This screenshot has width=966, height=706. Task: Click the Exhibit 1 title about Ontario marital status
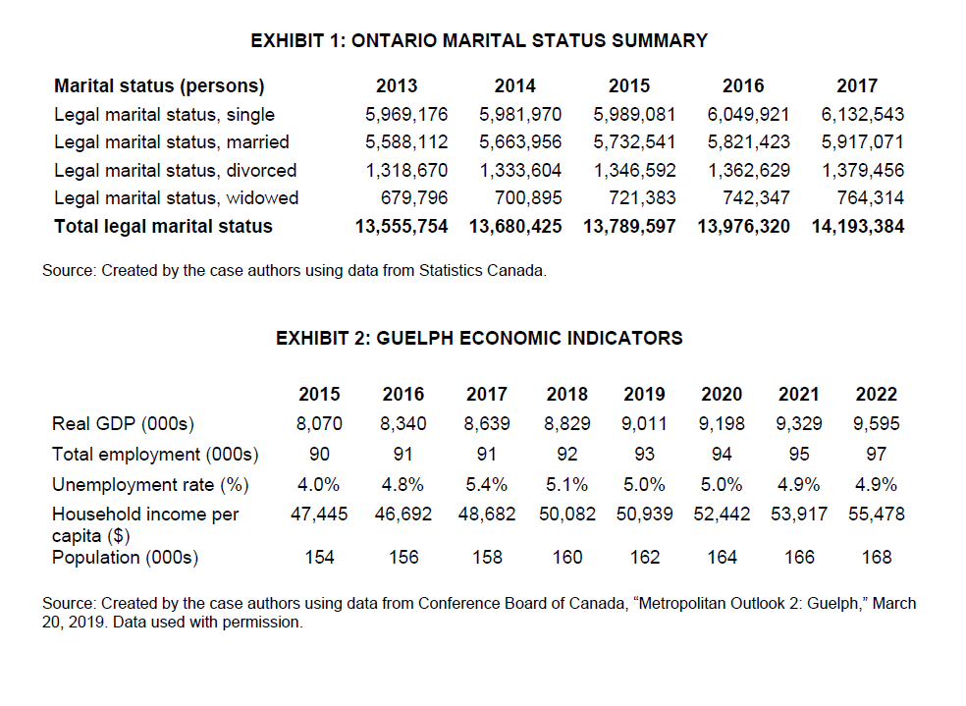tap(479, 40)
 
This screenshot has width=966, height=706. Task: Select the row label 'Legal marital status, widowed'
tap(176, 198)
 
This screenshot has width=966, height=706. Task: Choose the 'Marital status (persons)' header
tap(159, 85)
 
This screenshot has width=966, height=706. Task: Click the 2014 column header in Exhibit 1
tap(515, 85)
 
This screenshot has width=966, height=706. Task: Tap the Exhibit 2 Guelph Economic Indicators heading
tap(479, 338)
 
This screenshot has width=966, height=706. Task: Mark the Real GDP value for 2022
tap(876, 424)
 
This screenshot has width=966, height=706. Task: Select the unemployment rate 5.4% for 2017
tap(487, 484)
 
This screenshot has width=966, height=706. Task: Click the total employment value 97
tap(877, 454)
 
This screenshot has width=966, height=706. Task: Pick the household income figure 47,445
tap(319, 514)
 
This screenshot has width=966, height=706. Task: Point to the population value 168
tap(876, 558)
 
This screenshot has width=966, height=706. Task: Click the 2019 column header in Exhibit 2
tap(644, 394)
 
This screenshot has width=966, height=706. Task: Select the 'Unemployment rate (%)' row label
tap(150, 484)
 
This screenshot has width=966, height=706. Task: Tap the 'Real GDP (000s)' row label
tap(123, 424)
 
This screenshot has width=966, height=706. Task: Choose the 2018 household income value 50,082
tap(566, 514)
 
